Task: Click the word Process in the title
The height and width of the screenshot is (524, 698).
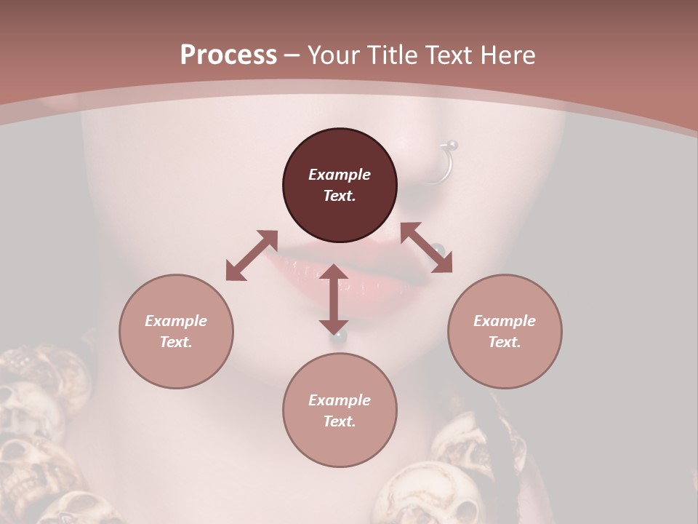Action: tap(228, 55)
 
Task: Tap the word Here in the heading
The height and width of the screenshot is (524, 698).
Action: tap(506, 55)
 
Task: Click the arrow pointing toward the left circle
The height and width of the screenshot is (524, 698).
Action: tap(252, 255)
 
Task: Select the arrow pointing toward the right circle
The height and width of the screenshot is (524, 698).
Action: tap(427, 247)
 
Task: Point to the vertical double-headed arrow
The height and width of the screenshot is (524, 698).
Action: tap(334, 299)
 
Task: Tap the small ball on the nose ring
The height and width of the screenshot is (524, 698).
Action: tap(452, 144)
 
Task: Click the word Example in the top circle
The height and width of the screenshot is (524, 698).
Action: tap(340, 175)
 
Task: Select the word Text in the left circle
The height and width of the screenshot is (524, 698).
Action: tap(176, 342)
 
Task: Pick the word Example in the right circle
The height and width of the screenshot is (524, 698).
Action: tap(505, 321)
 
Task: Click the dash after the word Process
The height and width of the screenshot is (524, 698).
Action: tap(292, 55)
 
